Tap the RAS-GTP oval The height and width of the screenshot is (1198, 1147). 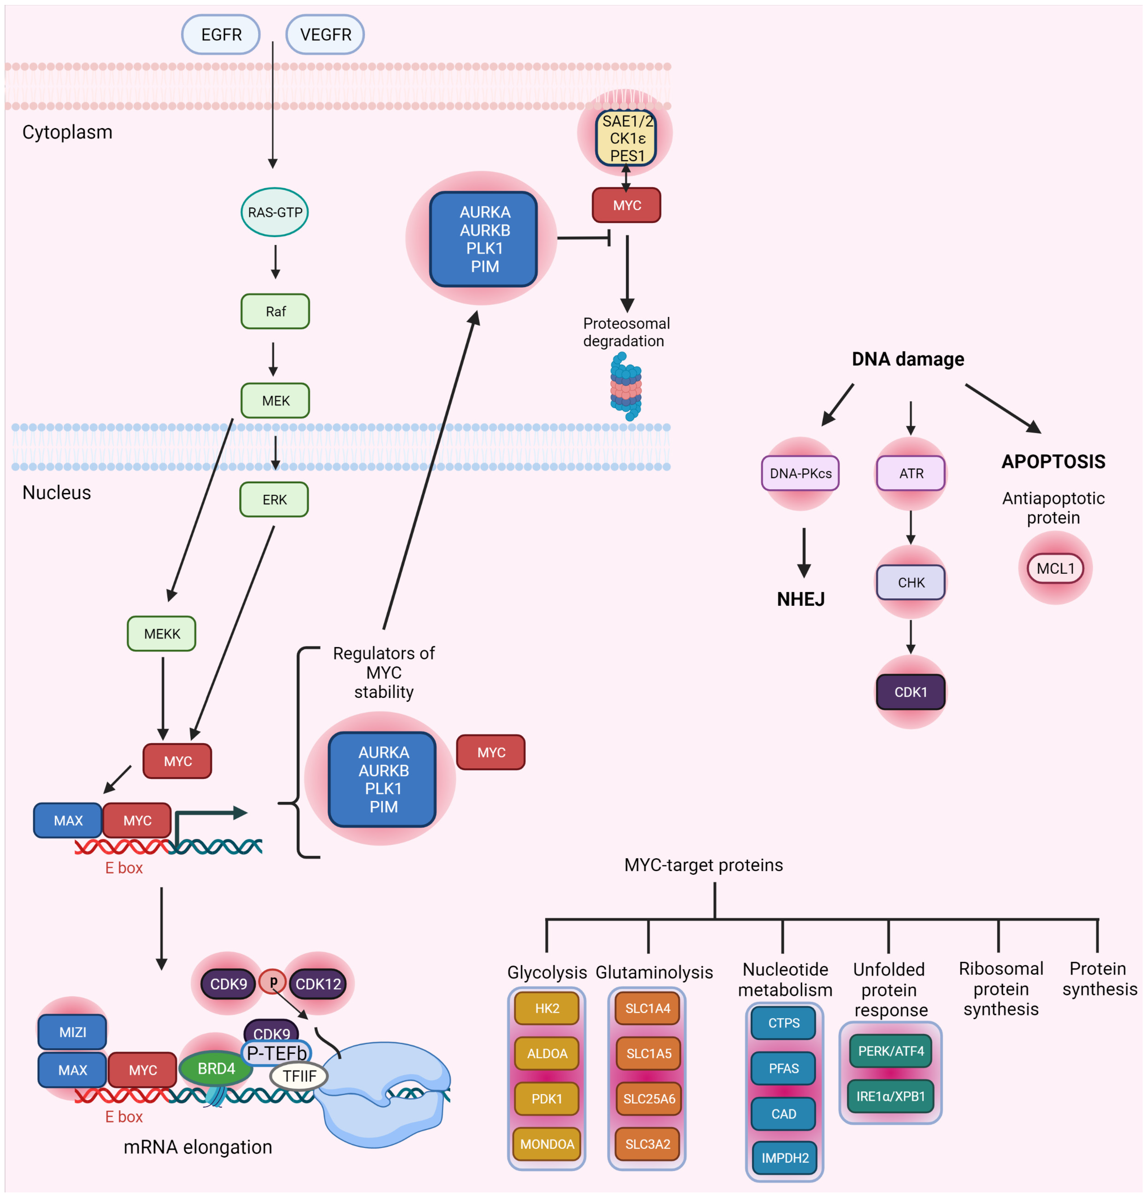(275, 212)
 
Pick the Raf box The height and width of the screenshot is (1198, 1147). (275, 312)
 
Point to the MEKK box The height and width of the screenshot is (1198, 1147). (162, 634)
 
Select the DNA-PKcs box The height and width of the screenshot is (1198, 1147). (800, 473)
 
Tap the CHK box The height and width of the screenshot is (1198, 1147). (911, 583)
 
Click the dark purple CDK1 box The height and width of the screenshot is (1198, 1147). (911, 692)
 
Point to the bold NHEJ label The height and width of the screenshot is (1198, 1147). (801, 599)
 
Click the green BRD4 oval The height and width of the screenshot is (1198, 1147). (216, 1068)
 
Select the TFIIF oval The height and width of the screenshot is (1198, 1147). (299, 1076)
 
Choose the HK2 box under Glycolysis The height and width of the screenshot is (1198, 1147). (547, 1008)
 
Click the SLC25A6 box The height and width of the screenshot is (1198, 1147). (649, 1099)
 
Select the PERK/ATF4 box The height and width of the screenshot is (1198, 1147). (891, 1051)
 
